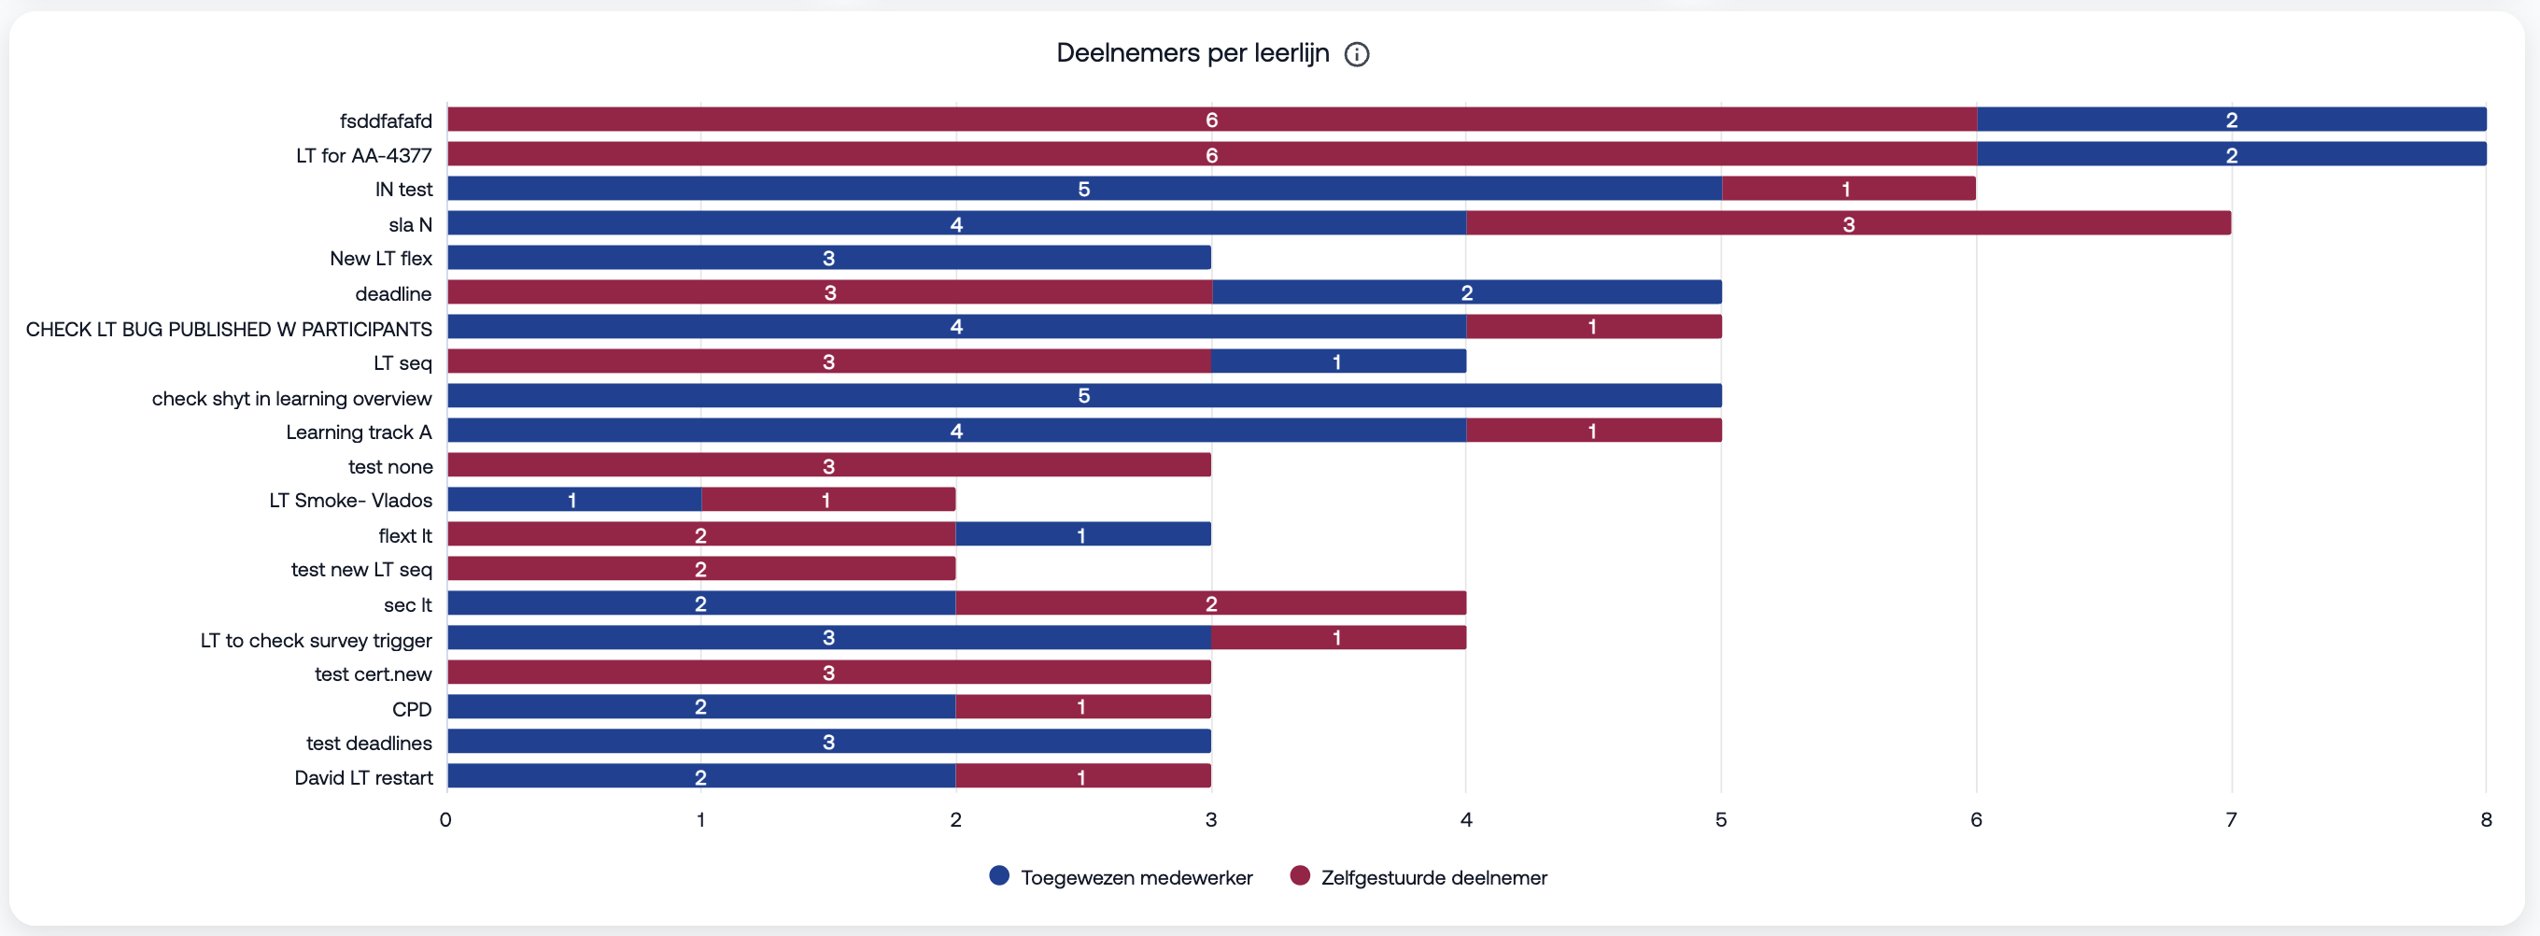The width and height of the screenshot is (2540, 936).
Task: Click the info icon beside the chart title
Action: point(1357,54)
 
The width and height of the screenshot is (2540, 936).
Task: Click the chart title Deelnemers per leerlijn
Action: point(1192,53)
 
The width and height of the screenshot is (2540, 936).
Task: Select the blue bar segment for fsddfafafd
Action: point(2230,120)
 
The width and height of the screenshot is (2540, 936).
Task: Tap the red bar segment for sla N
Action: point(1848,224)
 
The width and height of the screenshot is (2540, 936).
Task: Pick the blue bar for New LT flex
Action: point(828,258)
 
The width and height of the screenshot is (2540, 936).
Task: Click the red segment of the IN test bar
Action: point(1848,189)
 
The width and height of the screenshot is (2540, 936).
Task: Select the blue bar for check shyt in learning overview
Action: point(1083,395)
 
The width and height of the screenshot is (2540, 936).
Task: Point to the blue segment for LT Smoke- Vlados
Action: point(572,500)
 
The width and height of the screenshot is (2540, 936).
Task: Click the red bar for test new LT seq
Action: point(701,569)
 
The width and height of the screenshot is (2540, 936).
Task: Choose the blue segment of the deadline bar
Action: point(1466,292)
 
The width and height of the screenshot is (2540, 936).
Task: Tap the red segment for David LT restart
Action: point(1082,776)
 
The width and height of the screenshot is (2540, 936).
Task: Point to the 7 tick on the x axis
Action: point(2230,818)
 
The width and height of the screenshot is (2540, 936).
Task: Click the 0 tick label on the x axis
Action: point(445,818)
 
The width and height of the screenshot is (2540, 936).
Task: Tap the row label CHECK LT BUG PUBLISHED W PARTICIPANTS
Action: point(229,329)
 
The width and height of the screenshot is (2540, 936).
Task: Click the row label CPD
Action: point(411,709)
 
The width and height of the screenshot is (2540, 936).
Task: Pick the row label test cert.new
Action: point(373,674)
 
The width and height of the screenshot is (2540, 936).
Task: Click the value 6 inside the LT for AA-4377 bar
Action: point(1211,155)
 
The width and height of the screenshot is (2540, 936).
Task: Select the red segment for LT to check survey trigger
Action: point(1337,637)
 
